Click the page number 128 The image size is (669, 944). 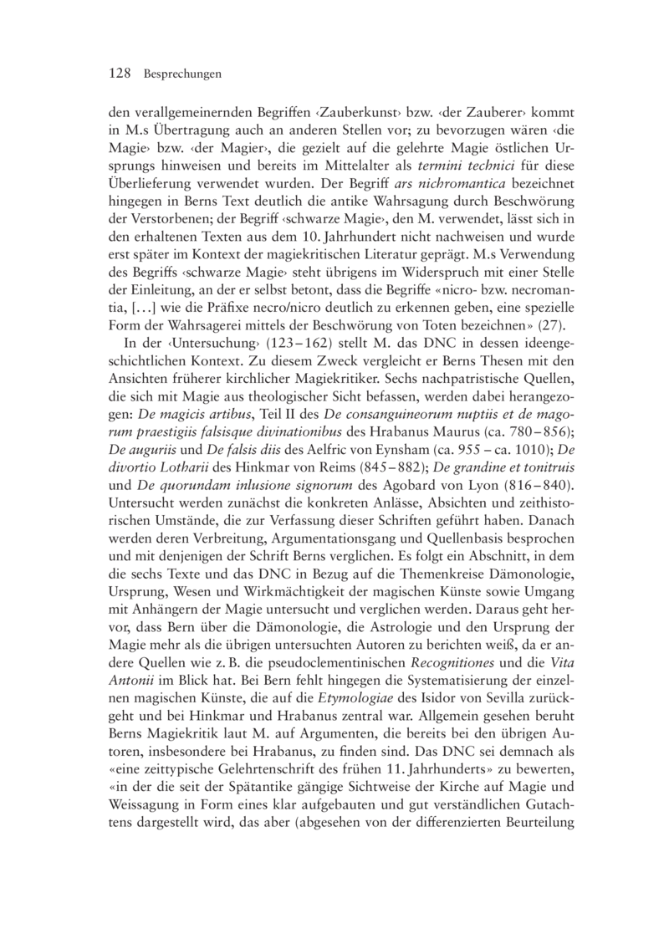pyautogui.click(x=120, y=74)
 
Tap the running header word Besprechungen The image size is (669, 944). pyautogui.click(x=181, y=74)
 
